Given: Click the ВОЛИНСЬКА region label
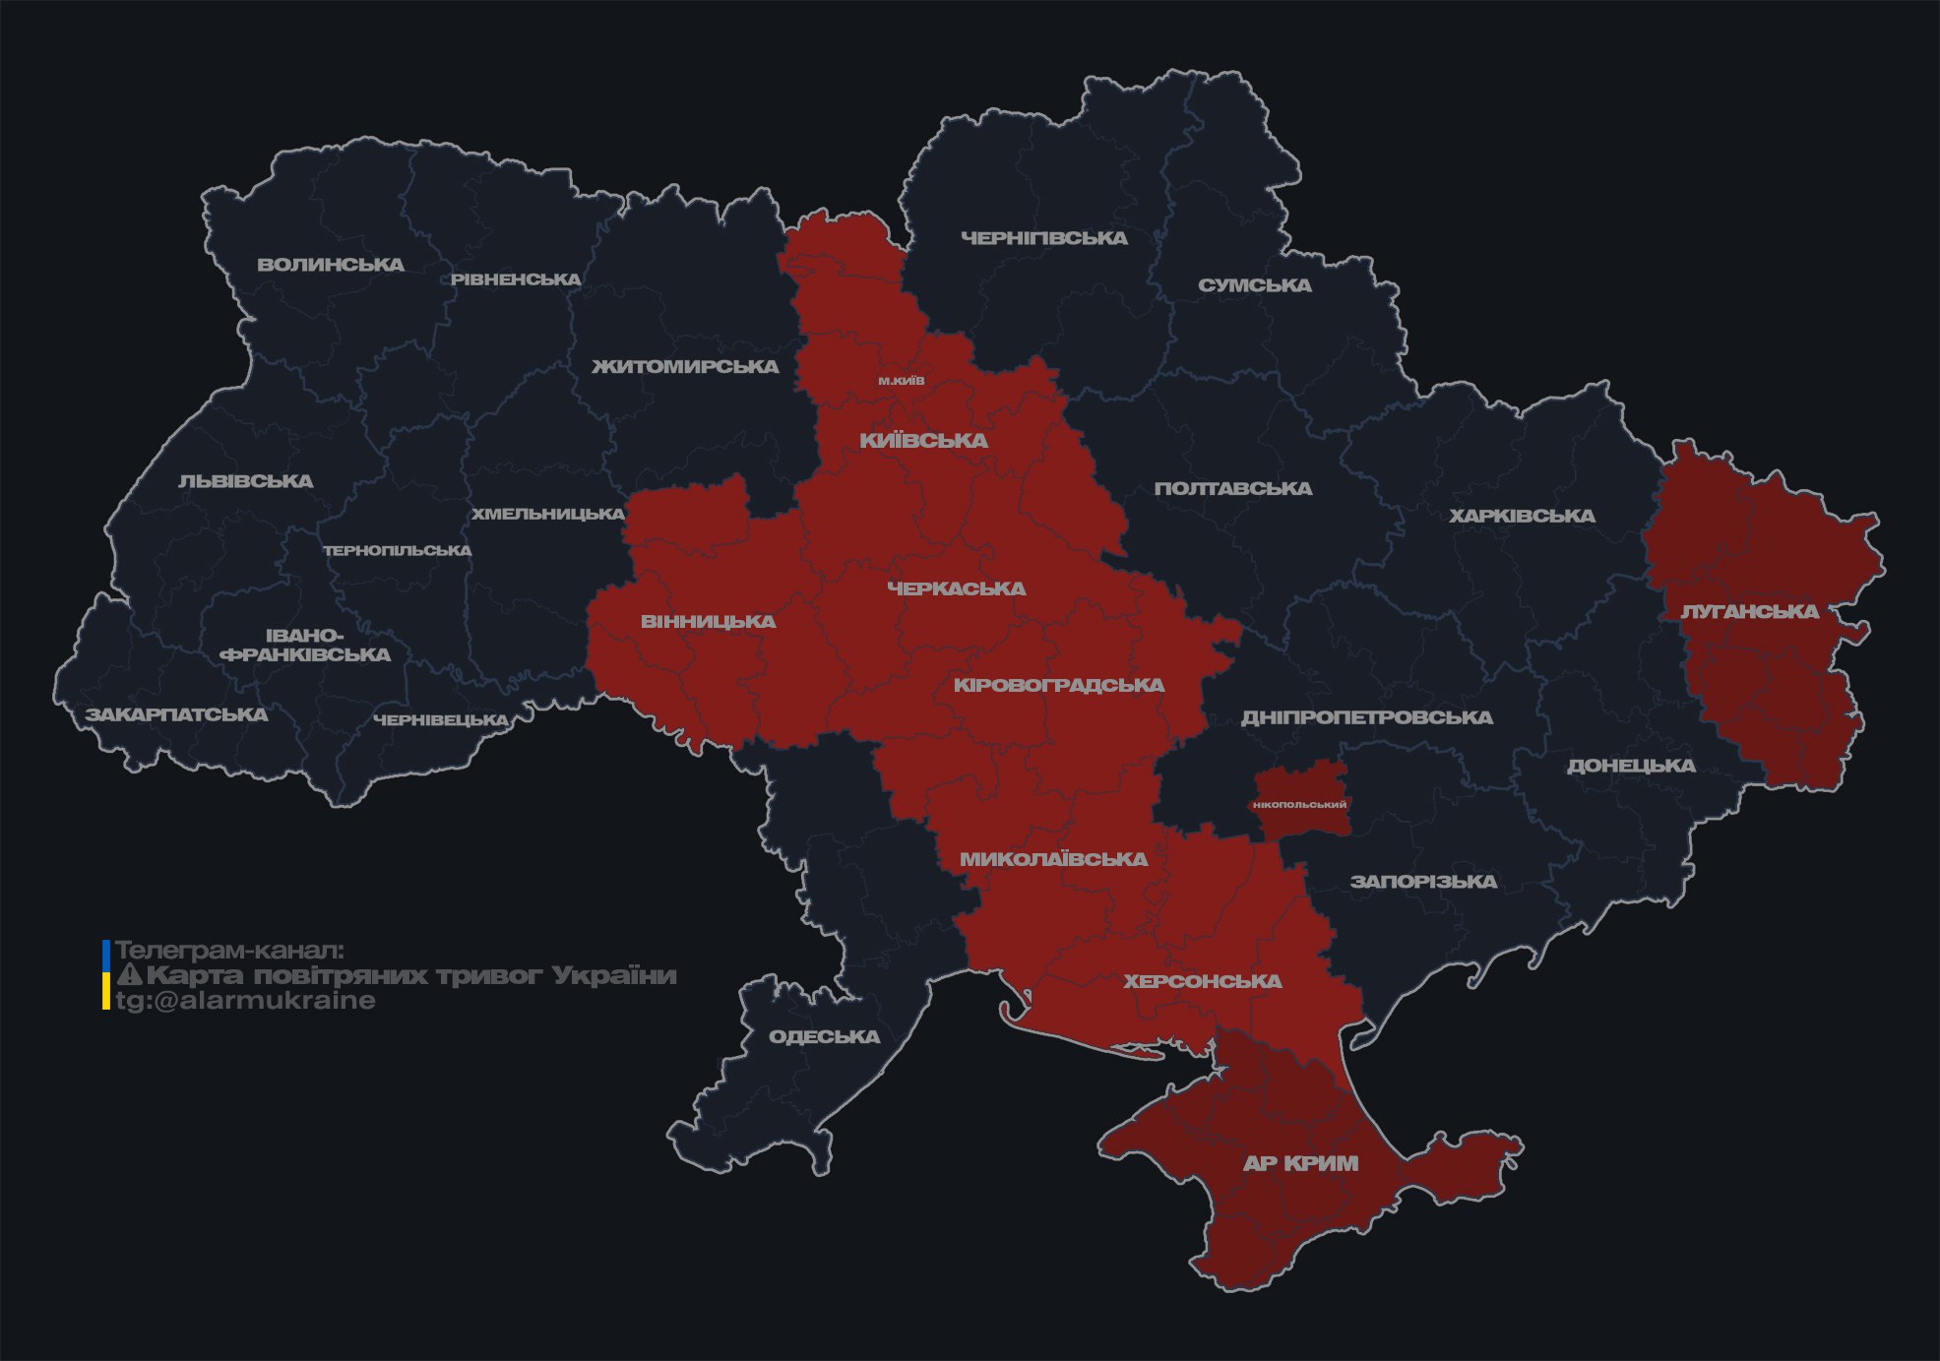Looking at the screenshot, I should (x=331, y=265).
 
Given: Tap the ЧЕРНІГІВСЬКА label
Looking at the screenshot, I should (x=1043, y=238).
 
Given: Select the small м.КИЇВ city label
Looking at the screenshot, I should (x=902, y=381).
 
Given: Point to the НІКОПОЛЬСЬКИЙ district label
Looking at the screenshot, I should (x=1299, y=805).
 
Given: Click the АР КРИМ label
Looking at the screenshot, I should (x=1300, y=1163).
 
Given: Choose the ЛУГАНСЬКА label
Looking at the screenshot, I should (x=1749, y=612).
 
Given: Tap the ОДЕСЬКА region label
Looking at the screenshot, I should (x=824, y=1037).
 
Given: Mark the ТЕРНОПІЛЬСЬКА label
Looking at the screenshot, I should (x=398, y=551).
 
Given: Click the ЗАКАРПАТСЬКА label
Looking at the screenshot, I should (x=177, y=714).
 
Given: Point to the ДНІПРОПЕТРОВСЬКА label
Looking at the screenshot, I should (x=1366, y=717).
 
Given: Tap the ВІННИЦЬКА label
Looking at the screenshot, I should (x=708, y=622).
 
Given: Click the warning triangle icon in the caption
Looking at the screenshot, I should (x=130, y=975).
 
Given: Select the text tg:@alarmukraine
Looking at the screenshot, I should (x=245, y=1001).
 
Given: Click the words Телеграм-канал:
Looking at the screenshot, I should (x=229, y=951).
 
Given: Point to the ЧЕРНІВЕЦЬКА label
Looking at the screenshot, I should (x=440, y=720).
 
